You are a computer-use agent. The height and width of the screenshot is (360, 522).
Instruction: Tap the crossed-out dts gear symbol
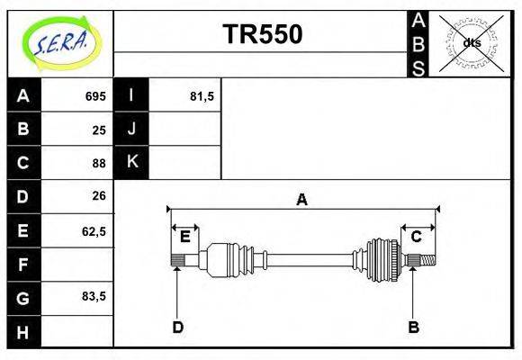coord(470,42)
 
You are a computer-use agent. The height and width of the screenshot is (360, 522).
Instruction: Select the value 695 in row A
coord(95,96)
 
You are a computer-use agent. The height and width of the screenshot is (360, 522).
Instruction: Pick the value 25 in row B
coord(99,130)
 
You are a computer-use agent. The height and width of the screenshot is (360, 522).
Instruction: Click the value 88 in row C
coord(99,163)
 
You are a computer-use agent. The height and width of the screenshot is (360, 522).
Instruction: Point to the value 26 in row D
coord(99,195)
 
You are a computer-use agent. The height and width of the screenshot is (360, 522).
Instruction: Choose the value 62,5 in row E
coord(94,231)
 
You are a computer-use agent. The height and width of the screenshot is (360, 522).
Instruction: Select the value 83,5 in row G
coord(94,296)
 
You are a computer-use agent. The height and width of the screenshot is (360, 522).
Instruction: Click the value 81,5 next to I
coord(202,96)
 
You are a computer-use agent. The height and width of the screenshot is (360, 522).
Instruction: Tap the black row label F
coord(23,265)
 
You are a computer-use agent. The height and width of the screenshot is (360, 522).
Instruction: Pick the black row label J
coord(131,129)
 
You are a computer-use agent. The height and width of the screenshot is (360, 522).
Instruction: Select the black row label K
coord(131,162)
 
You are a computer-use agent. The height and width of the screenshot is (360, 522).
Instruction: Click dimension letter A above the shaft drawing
coord(302,200)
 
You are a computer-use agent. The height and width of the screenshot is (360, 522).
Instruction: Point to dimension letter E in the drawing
coord(184,237)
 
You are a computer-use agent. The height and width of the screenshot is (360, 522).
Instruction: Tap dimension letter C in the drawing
coord(417,237)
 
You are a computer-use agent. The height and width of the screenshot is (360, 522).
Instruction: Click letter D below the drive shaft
coord(177,327)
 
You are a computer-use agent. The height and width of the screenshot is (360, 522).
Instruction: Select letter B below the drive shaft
coord(413,327)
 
